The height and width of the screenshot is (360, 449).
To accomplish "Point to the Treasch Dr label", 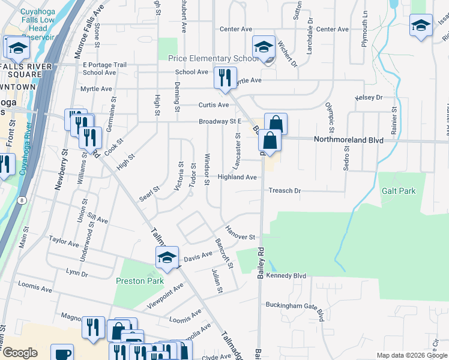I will [x=284, y=191].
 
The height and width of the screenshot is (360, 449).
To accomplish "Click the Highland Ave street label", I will [x=237, y=177].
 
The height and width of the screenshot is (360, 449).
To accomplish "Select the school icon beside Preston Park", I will [x=167, y=257].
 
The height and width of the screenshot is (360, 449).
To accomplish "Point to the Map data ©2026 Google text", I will [x=412, y=355].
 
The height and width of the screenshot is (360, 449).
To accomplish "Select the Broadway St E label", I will [x=220, y=122].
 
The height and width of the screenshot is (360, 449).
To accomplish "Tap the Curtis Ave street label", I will [x=214, y=105].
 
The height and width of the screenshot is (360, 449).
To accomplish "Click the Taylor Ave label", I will [x=65, y=242].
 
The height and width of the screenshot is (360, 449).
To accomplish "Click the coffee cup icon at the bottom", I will [x=62, y=353].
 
